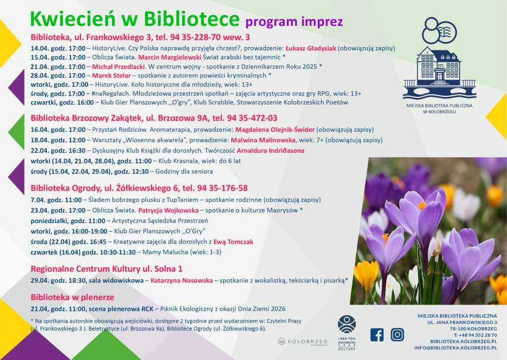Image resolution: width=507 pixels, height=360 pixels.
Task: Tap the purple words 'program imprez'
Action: click(294, 22)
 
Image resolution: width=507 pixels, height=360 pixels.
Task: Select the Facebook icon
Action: click(377, 335)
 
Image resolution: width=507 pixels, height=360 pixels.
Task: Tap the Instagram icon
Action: click(397, 335)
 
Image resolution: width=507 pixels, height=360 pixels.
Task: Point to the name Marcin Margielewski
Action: click(170, 57)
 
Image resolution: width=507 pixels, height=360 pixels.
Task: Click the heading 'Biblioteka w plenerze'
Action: click(73, 297)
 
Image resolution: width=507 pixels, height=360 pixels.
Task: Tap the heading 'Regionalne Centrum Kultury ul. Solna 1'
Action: click(106, 269)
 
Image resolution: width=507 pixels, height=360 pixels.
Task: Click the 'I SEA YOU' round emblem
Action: click(347, 325)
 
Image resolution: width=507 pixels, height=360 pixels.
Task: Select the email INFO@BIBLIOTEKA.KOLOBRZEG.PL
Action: click(455, 348)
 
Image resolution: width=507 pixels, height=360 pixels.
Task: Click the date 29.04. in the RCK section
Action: click(40, 280)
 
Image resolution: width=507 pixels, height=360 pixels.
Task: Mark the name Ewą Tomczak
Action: click(233, 242)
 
